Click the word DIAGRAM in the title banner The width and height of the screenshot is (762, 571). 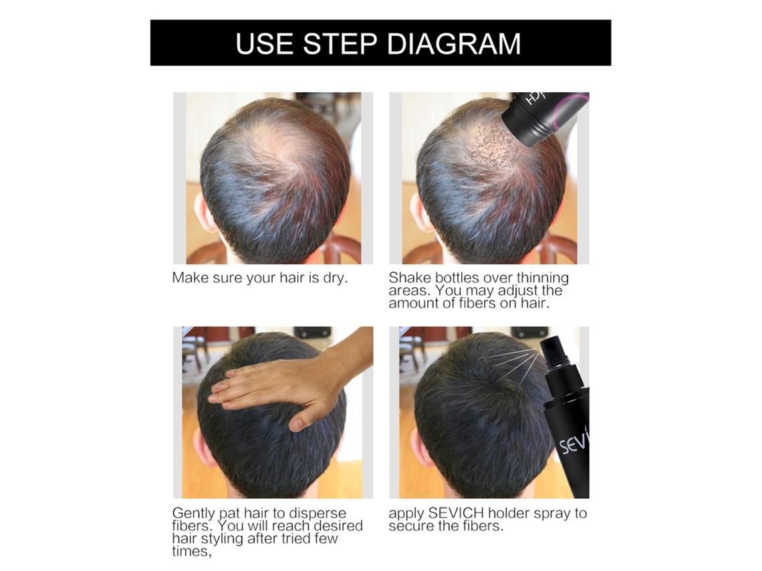[x=454, y=43]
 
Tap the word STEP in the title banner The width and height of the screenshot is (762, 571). [x=340, y=43]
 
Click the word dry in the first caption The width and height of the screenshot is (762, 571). [x=336, y=278]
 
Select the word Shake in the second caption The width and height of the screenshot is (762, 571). [x=410, y=278]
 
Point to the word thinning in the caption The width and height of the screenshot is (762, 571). [x=542, y=278]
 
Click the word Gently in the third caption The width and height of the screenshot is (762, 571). [x=193, y=514]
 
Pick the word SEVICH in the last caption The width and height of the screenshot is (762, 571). [x=456, y=513]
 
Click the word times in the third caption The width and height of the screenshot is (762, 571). [x=191, y=552]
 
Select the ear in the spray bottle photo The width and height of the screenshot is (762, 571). [x=419, y=447]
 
